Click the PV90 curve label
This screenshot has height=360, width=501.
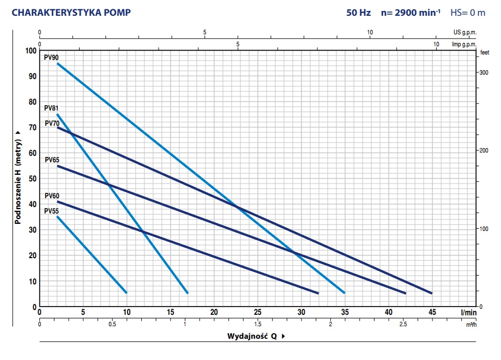point(51,57)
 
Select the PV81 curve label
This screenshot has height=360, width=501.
point(51,108)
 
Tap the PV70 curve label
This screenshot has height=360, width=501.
point(52,123)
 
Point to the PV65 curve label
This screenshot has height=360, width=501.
point(52,160)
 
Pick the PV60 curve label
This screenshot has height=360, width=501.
point(52,196)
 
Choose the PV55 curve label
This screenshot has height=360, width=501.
point(52,211)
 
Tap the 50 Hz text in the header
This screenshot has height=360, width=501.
point(358,13)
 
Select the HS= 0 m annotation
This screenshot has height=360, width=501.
point(467,13)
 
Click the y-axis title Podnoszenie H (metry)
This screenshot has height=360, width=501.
point(18,177)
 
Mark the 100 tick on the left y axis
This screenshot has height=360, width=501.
point(30,51)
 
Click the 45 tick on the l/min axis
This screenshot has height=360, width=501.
point(432,313)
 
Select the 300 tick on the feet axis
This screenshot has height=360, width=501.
point(483,72)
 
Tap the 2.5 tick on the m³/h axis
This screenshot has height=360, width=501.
point(403,324)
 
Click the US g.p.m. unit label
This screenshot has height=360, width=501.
point(464,33)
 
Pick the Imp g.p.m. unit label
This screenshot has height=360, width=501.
point(464,44)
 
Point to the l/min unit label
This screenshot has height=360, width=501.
point(468,313)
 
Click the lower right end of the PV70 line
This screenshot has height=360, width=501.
point(432,293)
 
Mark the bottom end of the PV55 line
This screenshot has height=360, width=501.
point(126,292)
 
